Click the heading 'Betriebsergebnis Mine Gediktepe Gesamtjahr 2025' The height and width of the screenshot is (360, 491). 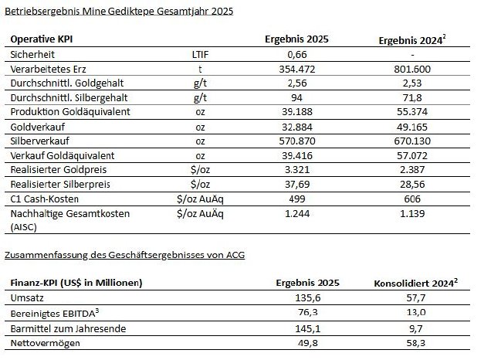(119, 12)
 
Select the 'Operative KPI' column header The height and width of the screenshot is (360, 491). (42, 39)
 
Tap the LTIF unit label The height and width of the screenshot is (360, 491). (200, 55)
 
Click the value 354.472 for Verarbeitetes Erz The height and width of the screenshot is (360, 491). (297, 69)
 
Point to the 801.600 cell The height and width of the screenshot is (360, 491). (412, 69)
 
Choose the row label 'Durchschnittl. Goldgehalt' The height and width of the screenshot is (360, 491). (67, 83)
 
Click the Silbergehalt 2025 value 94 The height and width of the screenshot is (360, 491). (296, 98)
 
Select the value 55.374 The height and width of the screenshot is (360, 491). (412, 112)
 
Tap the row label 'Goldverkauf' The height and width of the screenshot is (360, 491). (38, 127)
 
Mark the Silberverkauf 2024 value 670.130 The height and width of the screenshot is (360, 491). (412, 141)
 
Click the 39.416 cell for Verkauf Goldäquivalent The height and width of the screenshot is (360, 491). (297, 156)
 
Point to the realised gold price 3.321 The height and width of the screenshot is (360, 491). (297, 170)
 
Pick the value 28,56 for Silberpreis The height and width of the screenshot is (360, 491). (412, 184)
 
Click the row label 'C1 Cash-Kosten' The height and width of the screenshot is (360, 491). (45, 199)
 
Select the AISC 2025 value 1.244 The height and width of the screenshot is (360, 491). (297, 214)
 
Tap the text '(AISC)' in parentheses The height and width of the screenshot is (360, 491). (23, 227)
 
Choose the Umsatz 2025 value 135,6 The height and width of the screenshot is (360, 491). (308, 297)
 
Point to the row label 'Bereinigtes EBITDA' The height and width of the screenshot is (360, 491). (55, 313)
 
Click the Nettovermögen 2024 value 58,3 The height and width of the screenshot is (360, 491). (416, 343)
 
